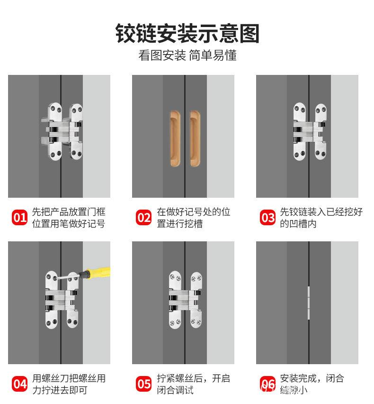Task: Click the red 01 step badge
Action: point(19,218)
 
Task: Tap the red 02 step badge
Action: point(143,218)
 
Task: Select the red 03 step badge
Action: point(267,218)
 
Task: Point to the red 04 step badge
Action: point(19,384)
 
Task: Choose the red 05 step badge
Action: point(143,384)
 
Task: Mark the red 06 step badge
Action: point(267,384)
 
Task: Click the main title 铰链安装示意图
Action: point(187,34)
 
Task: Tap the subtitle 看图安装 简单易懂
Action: point(187,55)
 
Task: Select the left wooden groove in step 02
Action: point(175,138)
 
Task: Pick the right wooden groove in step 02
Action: point(195,138)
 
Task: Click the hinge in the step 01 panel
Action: point(62,132)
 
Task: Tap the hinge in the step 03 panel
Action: point(310,132)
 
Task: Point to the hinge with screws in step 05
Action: point(185,300)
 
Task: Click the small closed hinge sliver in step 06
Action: point(309,303)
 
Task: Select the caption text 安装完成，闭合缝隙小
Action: point(312,384)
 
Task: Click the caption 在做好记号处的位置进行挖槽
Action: point(194,218)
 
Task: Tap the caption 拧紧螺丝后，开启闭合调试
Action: point(194,384)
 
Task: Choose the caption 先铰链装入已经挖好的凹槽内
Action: point(321,218)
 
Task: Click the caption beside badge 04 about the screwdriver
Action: point(69,384)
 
